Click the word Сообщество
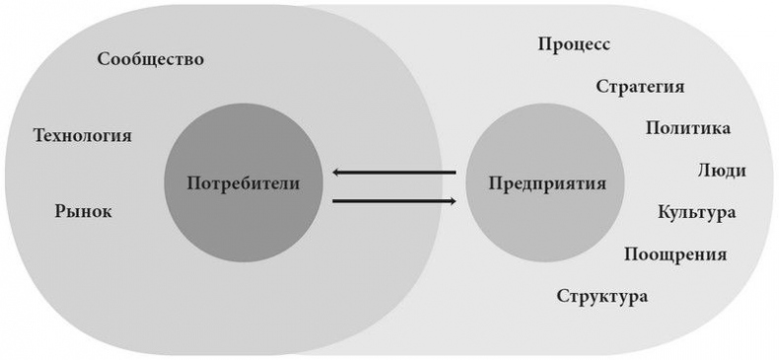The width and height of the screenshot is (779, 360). (x=151, y=59)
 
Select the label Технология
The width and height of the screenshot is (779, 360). (x=82, y=135)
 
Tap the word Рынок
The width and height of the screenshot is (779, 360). (x=84, y=210)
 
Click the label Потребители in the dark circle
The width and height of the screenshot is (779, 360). (x=242, y=182)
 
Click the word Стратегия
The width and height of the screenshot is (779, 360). (x=640, y=86)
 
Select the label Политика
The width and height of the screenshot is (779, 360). (x=688, y=128)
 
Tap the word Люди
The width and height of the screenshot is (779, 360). (x=721, y=170)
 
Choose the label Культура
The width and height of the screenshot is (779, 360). (x=697, y=212)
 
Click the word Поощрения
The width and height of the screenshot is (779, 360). (x=675, y=254)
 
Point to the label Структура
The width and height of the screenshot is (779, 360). (x=602, y=296)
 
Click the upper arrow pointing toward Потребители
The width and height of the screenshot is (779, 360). (x=394, y=173)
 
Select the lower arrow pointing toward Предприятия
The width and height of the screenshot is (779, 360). (x=394, y=201)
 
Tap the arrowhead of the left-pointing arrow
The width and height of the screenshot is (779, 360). (x=338, y=173)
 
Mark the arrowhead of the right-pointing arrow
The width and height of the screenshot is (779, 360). (x=452, y=201)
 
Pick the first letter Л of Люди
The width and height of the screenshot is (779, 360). (x=702, y=171)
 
